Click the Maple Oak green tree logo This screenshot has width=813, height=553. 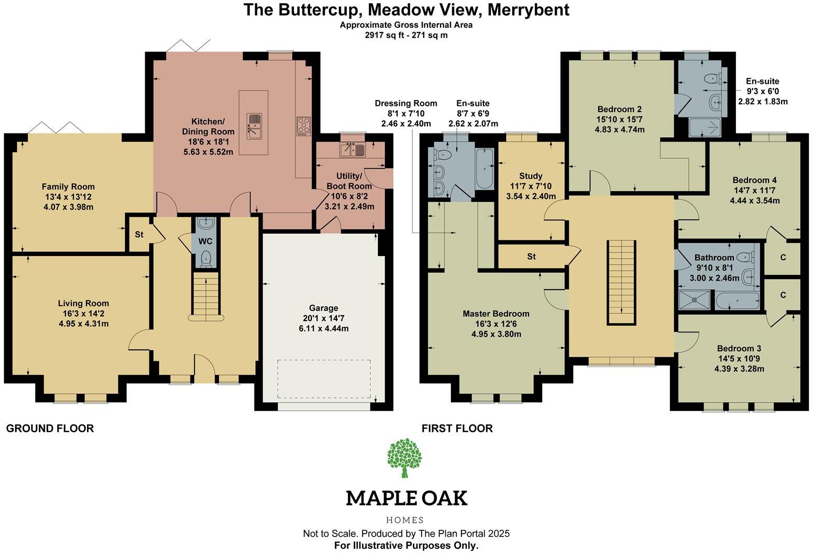pos(405,457)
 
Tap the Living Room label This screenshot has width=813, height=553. pos(83,303)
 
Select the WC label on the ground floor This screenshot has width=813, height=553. pos(205,241)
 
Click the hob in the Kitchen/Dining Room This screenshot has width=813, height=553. pos(303,126)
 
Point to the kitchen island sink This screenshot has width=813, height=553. pos(254,126)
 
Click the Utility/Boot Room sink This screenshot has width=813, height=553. pos(353,150)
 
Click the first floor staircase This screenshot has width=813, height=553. pos(621,283)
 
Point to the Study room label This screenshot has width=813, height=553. pos(531,176)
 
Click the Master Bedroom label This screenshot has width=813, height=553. pos(496,314)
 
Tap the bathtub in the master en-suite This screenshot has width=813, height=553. pos(484,168)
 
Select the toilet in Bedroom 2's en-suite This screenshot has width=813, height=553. pos(712,79)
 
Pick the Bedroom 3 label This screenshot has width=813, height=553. pos(739,349)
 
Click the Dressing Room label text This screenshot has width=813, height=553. pos(405,104)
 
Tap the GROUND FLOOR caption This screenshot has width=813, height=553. pos(50,428)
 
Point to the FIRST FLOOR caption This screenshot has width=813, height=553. pos(457,428)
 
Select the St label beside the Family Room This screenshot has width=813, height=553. pos(139,235)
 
